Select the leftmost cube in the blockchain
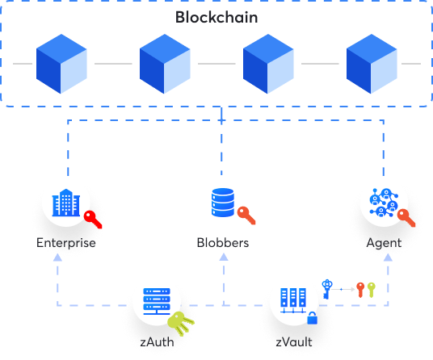61,64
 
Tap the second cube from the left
165,64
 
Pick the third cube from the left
268,64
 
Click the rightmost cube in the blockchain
372,64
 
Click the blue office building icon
65,201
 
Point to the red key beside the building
94,218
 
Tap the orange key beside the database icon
246,215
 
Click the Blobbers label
222,241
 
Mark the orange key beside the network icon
406,217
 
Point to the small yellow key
372,288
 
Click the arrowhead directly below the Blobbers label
223,256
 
